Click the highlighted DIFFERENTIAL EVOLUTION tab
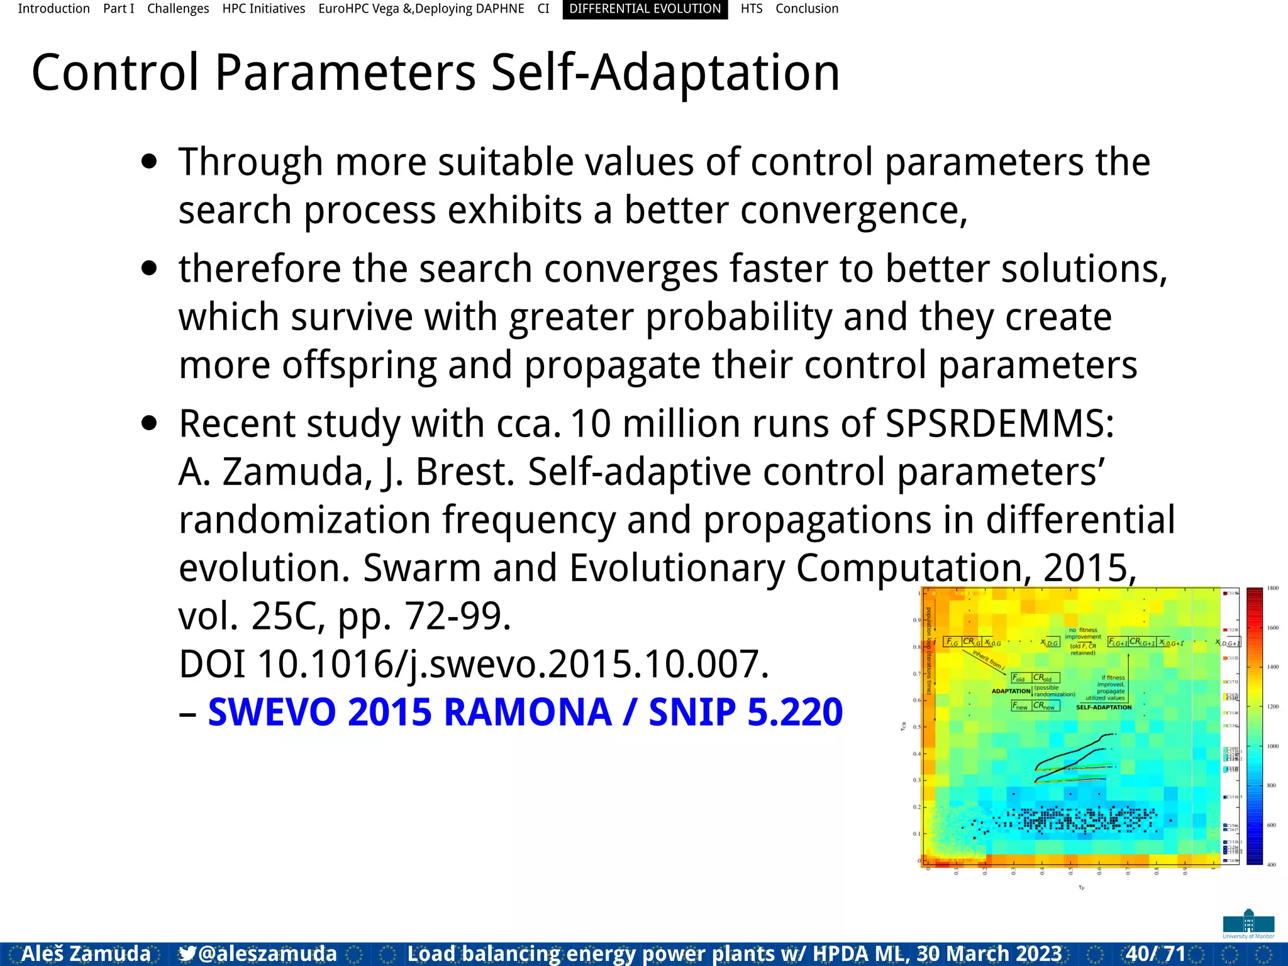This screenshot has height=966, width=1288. [645, 9]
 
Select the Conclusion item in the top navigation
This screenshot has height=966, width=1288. [806, 9]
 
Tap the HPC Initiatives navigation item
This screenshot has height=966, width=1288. [264, 9]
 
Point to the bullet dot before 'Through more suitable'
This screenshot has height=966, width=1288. [149, 162]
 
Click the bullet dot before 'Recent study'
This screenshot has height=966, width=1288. [149, 423]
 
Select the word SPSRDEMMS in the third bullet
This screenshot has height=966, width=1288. [1000, 423]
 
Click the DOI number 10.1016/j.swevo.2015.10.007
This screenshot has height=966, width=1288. [513, 664]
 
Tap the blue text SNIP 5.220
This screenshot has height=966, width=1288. [745, 712]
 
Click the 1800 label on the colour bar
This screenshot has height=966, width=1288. [1273, 589]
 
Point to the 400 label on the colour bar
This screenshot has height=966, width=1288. [1272, 865]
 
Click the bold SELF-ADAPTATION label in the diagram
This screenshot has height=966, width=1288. [1104, 708]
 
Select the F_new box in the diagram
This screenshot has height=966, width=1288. [1020, 706]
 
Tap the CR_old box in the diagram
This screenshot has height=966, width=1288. [1045, 678]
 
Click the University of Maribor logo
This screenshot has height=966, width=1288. [1248, 924]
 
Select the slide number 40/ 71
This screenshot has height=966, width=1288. [1155, 953]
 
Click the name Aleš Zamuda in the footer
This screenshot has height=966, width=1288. [86, 953]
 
